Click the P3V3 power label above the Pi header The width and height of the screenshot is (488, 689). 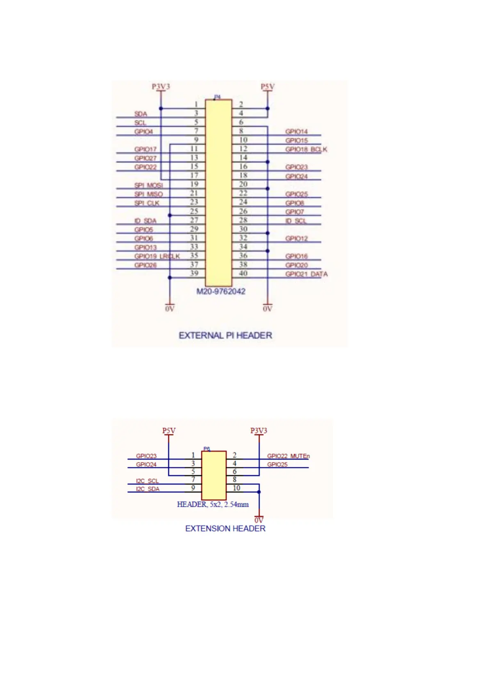[x=161, y=87]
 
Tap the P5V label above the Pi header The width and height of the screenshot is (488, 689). [x=267, y=87]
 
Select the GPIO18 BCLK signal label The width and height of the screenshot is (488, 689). [x=306, y=150]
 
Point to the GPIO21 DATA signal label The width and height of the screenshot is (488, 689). [x=306, y=274]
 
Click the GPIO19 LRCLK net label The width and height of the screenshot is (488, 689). [x=157, y=256]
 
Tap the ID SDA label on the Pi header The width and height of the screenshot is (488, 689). [x=145, y=221]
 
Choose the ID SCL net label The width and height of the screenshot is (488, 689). [x=296, y=221]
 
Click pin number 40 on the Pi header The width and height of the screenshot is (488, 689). [x=243, y=273]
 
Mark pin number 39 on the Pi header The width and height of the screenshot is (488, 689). [x=194, y=273]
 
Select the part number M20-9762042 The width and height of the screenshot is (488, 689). [x=221, y=292]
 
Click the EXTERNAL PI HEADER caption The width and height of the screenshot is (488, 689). [x=225, y=335]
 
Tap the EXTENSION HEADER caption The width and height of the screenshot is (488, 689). [x=225, y=528]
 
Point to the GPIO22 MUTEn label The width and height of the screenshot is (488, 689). [x=288, y=456]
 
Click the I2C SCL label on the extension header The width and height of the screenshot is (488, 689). [x=147, y=481]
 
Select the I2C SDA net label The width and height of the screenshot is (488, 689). [x=148, y=489]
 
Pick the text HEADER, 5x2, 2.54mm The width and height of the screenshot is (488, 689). [x=212, y=504]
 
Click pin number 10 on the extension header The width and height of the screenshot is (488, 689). [x=236, y=488]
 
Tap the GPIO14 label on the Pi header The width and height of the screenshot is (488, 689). [x=296, y=131]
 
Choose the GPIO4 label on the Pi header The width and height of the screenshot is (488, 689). [x=144, y=131]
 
